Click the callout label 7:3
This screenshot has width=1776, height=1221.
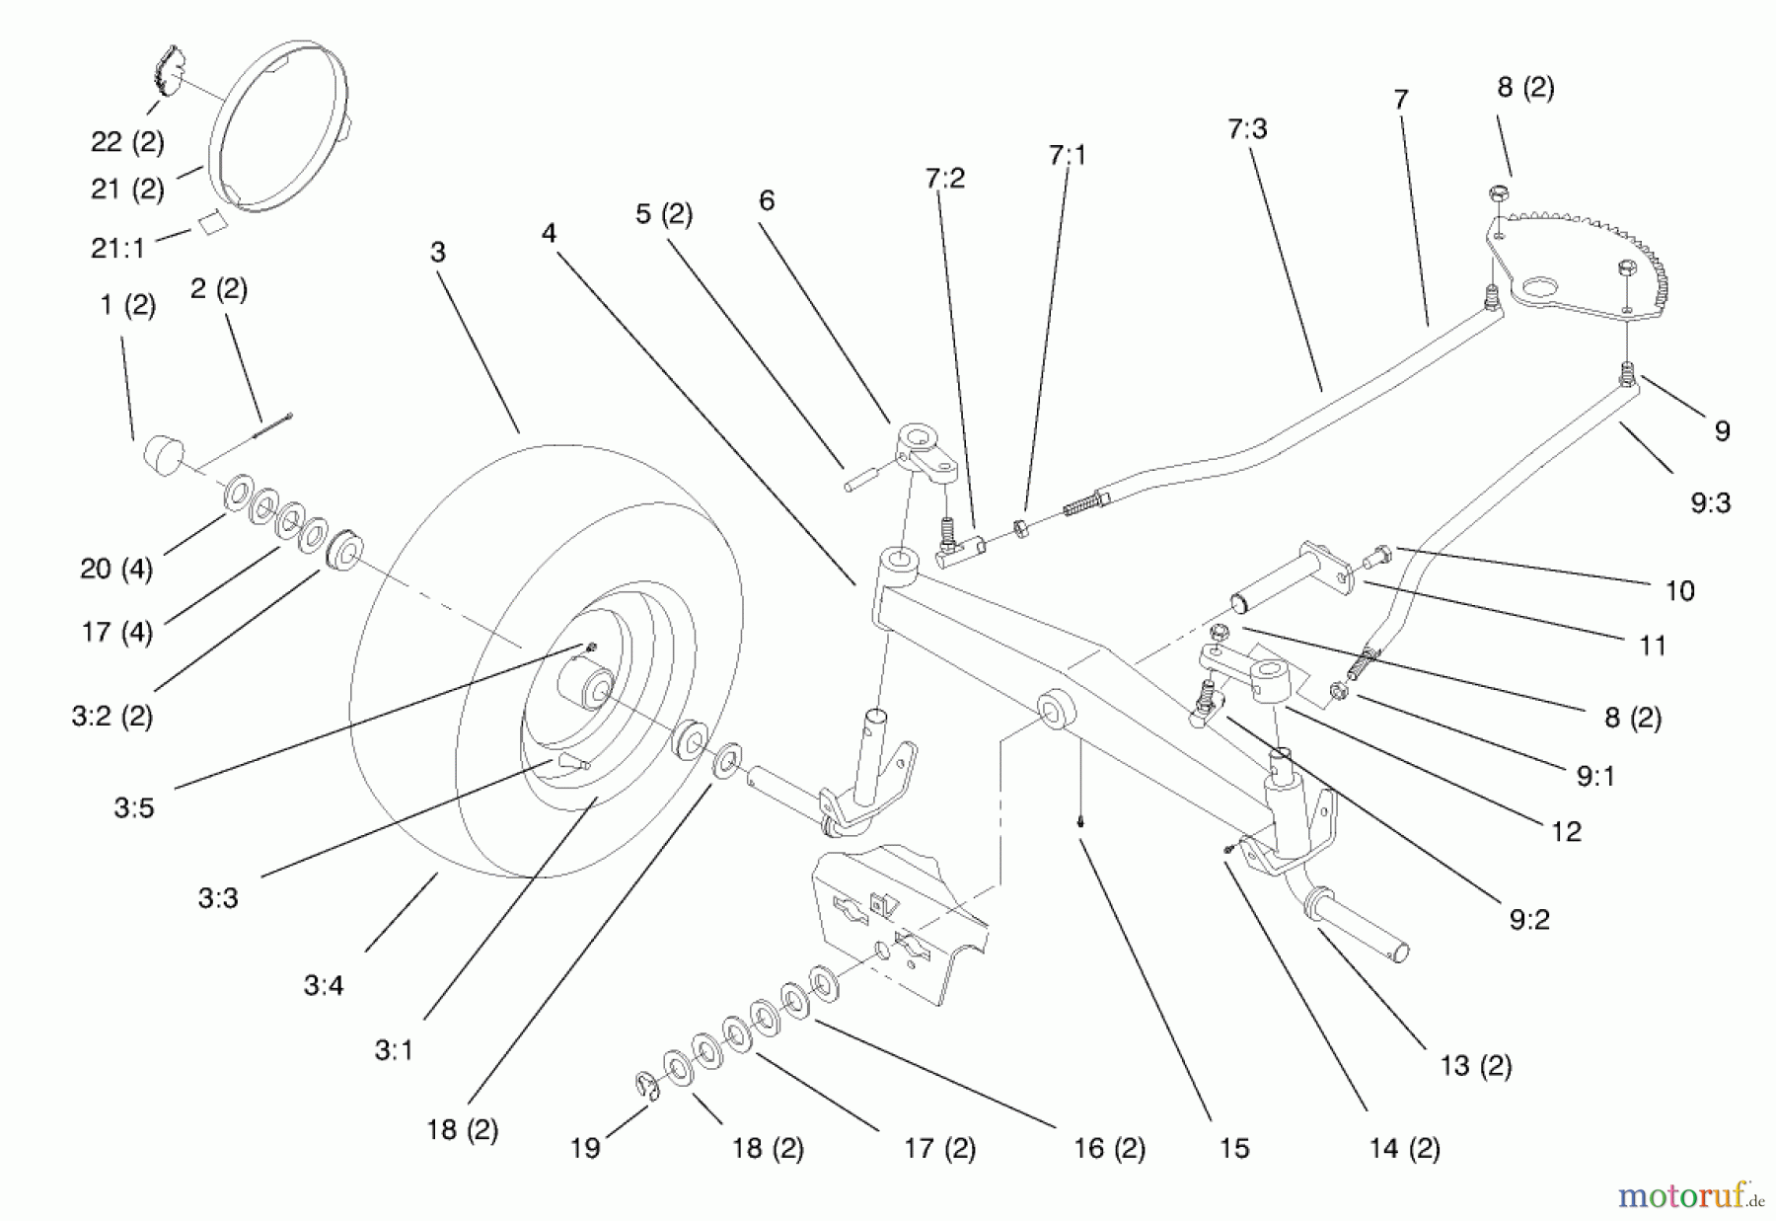point(1247,129)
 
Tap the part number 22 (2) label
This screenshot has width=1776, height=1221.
point(127,142)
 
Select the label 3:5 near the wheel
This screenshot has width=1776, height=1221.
point(134,808)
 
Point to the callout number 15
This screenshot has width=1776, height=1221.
point(1233,1149)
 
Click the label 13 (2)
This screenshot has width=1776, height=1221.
point(1475,1066)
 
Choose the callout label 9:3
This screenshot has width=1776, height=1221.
point(1710,503)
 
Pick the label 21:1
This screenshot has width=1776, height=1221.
point(117,249)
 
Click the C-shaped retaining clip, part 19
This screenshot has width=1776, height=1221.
point(645,1084)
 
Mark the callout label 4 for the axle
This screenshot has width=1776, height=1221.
point(549,234)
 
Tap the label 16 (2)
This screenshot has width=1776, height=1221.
point(1109,1149)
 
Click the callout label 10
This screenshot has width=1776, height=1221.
point(1679,591)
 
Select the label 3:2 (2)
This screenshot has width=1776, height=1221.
point(111,717)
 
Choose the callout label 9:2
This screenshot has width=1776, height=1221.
point(1529,920)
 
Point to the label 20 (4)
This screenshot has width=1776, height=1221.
point(115,570)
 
